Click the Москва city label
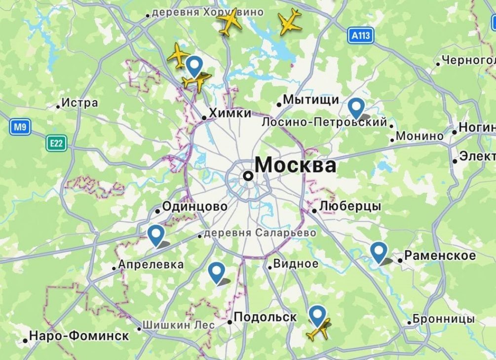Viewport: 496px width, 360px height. click(x=295, y=165)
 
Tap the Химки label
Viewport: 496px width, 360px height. click(x=230, y=113)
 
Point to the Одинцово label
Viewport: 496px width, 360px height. click(x=194, y=207)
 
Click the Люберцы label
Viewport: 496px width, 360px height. click(x=350, y=206)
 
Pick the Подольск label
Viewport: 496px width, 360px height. click(x=265, y=317)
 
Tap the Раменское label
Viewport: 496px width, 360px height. click(x=440, y=255)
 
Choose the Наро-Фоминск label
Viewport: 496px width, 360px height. click(x=79, y=336)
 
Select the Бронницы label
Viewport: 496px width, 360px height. click(x=444, y=319)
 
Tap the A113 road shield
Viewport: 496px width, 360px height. click(x=360, y=36)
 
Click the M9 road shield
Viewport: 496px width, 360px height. click(x=20, y=127)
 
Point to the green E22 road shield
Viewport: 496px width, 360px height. click(x=57, y=144)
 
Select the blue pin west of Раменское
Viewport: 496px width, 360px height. click(x=379, y=252)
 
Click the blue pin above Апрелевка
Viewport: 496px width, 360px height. click(x=156, y=234)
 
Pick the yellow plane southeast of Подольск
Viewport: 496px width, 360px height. click(x=318, y=329)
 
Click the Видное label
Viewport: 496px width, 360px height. click(x=296, y=264)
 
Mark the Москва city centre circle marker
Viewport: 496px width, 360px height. click(x=249, y=176)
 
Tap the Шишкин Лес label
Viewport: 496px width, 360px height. click(x=178, y=325)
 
